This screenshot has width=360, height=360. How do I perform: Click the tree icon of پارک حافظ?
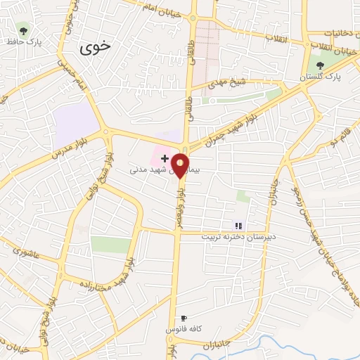23,30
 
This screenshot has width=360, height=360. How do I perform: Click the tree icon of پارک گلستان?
321,65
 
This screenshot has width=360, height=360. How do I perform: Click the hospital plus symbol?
165,158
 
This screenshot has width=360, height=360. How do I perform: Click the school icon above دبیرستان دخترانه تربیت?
238,225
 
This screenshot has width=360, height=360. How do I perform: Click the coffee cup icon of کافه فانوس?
184,318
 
